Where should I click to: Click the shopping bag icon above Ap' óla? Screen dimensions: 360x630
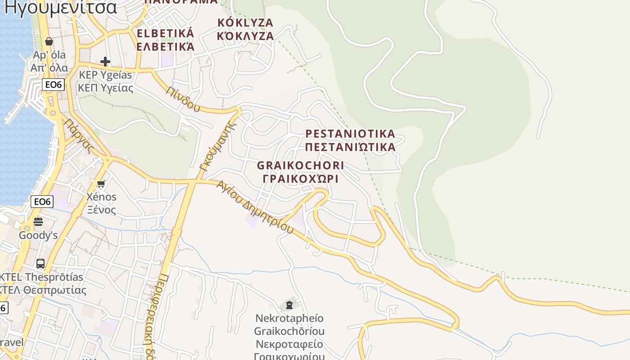(x=49, y=42)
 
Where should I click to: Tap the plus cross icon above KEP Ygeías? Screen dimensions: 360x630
(x=105, y=61)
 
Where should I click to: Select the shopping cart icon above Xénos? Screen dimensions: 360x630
(x=101, y=184)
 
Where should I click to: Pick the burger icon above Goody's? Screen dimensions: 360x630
(x=38, y=221)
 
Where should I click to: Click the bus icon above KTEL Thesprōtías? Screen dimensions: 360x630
(x=40, y=263)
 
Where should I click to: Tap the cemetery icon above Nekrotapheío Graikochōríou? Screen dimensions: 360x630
(x=289, y=305)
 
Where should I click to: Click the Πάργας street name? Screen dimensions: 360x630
(x=78, y=135)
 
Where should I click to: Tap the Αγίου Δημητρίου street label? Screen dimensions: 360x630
(x=255, y=207)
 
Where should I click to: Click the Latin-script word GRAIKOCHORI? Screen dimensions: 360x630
(x=301, y=166)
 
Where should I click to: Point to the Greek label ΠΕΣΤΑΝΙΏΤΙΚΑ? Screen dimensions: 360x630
(x=350, y=147)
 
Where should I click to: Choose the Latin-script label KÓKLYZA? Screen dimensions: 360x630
(x=245, y=22)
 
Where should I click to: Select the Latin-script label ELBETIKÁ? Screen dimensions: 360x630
(x=165, y=33)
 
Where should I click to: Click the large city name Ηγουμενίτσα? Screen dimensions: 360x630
(x=61, y=7)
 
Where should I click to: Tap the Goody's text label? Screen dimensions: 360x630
(x=38, y=235)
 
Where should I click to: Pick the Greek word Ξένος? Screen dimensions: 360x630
(x=101, y=210)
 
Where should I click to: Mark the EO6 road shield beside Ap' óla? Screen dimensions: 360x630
(x=54, y=85)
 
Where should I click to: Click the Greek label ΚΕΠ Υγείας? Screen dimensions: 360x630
(x=106, y=88)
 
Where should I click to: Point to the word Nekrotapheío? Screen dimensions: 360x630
(x=289, y=318)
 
